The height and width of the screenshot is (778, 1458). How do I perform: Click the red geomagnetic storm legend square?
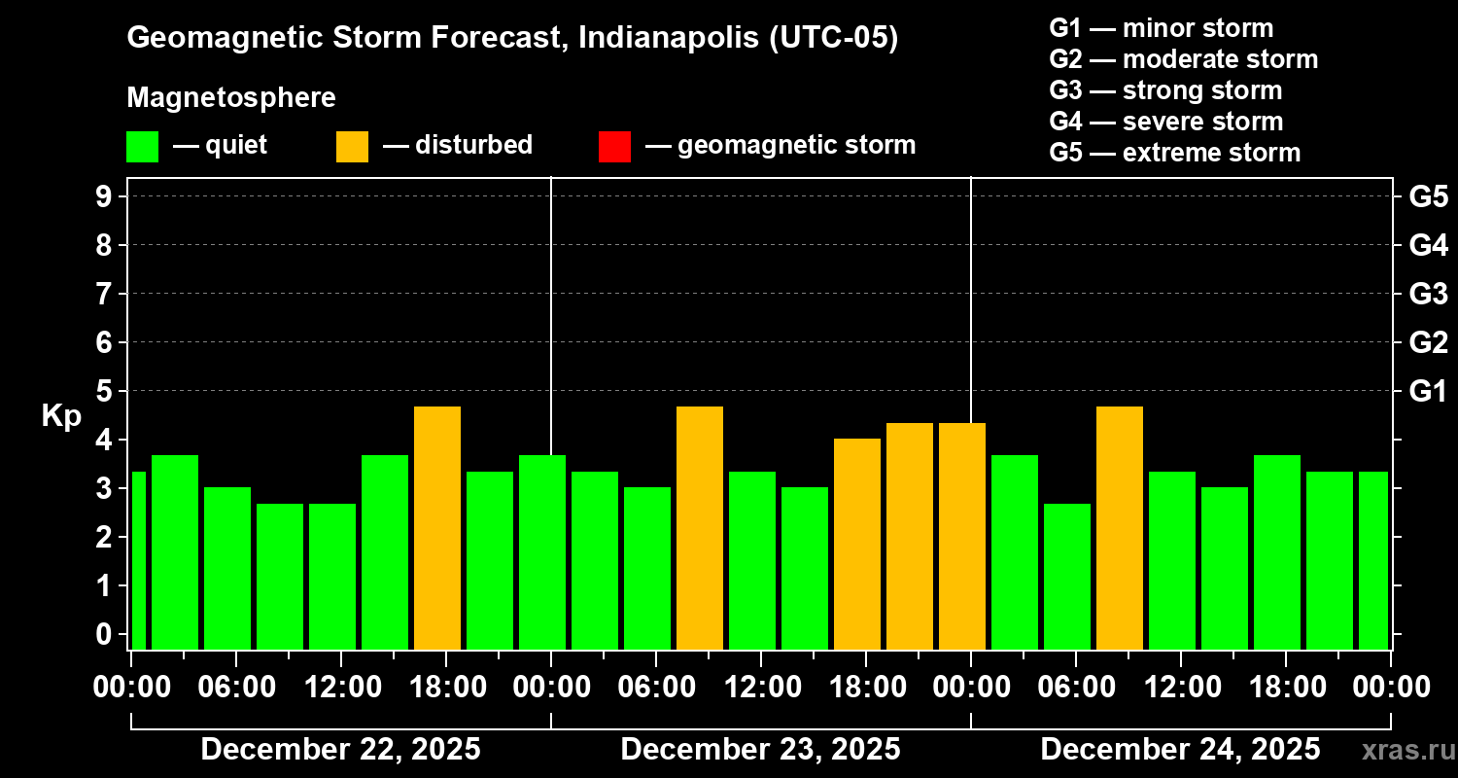coord(614,146)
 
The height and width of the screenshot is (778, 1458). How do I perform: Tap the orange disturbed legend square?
coord(352,146)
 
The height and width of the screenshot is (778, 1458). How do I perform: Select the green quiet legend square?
coord(142,146)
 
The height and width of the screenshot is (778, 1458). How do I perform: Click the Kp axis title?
coord(61,416)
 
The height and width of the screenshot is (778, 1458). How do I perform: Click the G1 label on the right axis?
coord(1428,392)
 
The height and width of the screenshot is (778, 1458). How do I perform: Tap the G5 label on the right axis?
coord(1428,197)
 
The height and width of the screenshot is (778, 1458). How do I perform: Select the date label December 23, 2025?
coord(760,750)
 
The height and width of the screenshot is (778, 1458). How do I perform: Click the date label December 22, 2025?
coord(340,750)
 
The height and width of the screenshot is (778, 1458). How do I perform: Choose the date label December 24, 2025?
coord(1180,750)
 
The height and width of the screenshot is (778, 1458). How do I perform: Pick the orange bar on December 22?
coord(437,527)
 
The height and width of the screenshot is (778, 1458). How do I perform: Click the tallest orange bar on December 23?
coord(700,527)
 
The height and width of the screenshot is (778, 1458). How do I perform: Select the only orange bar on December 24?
coord(1120,527)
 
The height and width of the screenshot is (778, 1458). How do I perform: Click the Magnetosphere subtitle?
coord(231,98)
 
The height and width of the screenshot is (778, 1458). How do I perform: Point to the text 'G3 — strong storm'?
coord(1165,90)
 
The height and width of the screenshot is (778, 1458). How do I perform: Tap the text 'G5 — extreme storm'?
coord(1174,153)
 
